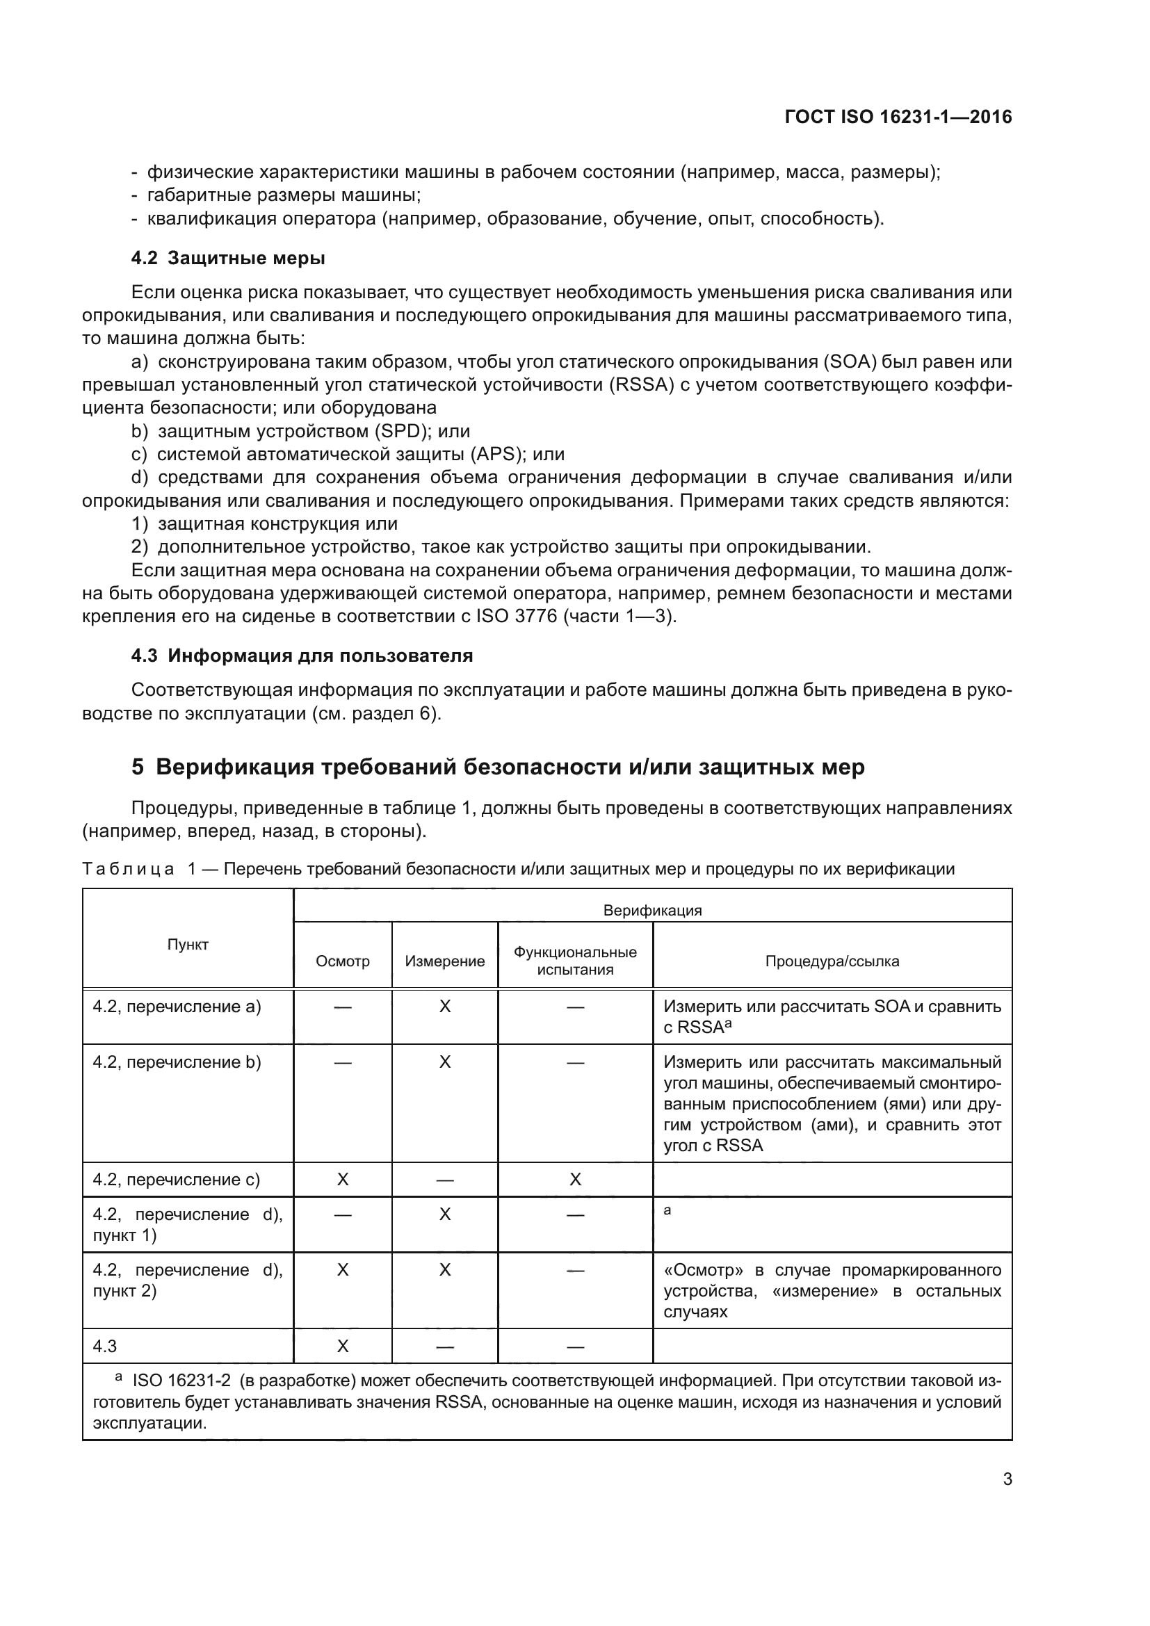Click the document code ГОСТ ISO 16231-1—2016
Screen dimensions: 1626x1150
click(x=898, y=117)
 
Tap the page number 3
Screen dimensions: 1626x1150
click(x=1007, y=1479)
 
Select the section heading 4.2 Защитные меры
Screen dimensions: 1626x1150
click(x=228, y=258)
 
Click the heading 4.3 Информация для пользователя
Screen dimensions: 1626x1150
click(x=302, y=655)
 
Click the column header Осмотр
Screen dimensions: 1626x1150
click(x=343, y=961)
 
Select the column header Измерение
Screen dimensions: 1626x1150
click(x=445, y=961)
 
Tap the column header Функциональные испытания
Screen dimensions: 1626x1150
click(x=575, y=961)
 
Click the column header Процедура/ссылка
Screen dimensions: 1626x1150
click(x=832, y=961)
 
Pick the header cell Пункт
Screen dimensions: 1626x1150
click(x=188, y=944)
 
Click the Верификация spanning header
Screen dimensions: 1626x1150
click(x=652, y=910)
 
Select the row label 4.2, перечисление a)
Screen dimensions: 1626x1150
click(x=177, y=1007)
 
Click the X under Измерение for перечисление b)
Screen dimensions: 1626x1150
click(x=445, y=1062)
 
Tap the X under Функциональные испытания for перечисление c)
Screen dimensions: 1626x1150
click(x=575, y=1179)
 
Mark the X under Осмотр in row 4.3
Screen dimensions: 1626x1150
click(x=343, y=1347)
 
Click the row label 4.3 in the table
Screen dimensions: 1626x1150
click(x=105, y=1347)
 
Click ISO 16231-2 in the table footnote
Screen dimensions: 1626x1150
click(x=181, y=1381)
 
